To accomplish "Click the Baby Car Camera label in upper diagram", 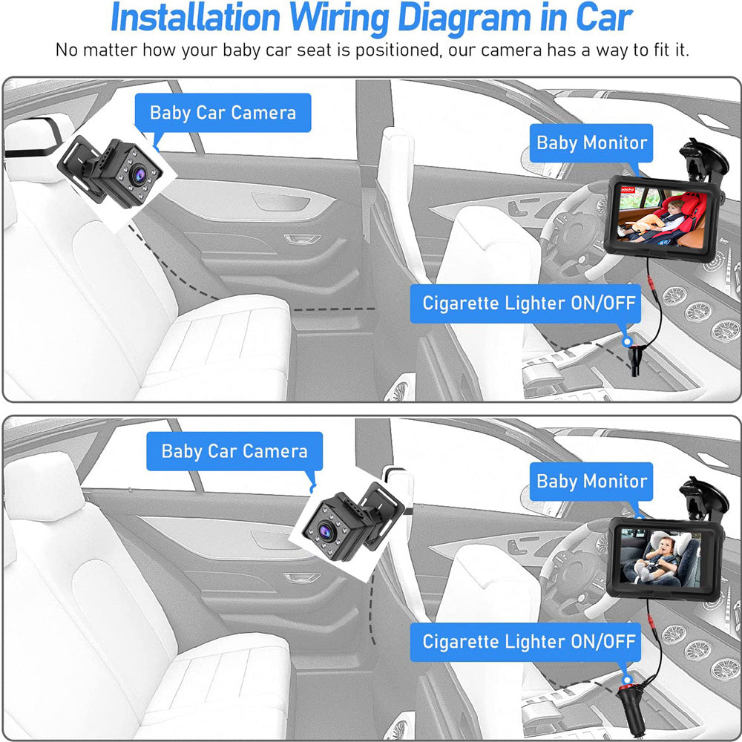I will [x=223, y=113].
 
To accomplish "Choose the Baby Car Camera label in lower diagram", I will [x=234, y=451].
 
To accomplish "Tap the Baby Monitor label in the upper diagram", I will [x=591, y=142].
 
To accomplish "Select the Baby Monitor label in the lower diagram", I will [x=591, y=481].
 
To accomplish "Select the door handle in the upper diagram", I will [x=303, y=239].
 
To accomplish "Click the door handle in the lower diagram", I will [x=301, y=577].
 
